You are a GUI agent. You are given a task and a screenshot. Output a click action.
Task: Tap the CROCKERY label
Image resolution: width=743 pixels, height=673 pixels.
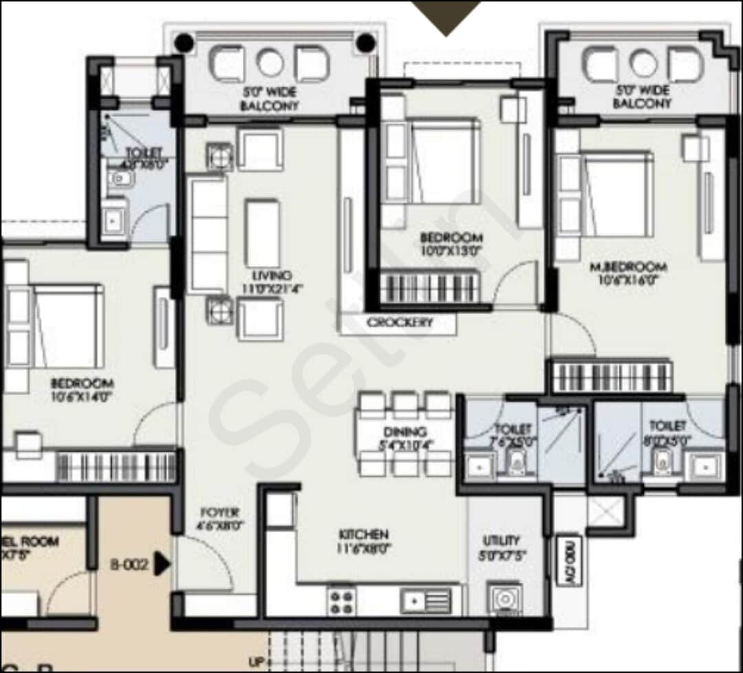coord(400,322)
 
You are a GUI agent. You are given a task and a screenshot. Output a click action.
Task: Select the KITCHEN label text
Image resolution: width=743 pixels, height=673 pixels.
coord(363,534)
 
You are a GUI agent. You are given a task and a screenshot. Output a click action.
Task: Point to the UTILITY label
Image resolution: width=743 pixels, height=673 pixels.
coord(502,540)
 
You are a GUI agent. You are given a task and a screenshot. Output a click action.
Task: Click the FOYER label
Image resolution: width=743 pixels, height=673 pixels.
coord(220,513)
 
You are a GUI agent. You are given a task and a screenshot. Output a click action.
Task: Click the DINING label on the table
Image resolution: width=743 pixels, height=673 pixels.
coord(405,432)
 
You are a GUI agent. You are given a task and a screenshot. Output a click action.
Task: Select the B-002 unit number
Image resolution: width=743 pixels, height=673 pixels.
coord(129,565)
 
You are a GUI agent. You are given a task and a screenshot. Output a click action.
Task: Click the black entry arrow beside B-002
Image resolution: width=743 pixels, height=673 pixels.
coord(162,564)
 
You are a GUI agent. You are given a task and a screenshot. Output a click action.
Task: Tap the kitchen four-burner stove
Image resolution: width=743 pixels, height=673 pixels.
coord(342,601)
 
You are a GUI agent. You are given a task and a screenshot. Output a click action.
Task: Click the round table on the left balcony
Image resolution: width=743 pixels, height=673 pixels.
coord(270,63)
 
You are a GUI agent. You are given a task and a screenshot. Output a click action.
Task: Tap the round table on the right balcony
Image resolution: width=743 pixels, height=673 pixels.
coord(644,64)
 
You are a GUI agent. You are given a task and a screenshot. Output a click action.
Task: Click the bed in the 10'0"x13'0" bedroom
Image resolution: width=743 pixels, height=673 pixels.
coord(443,161)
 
